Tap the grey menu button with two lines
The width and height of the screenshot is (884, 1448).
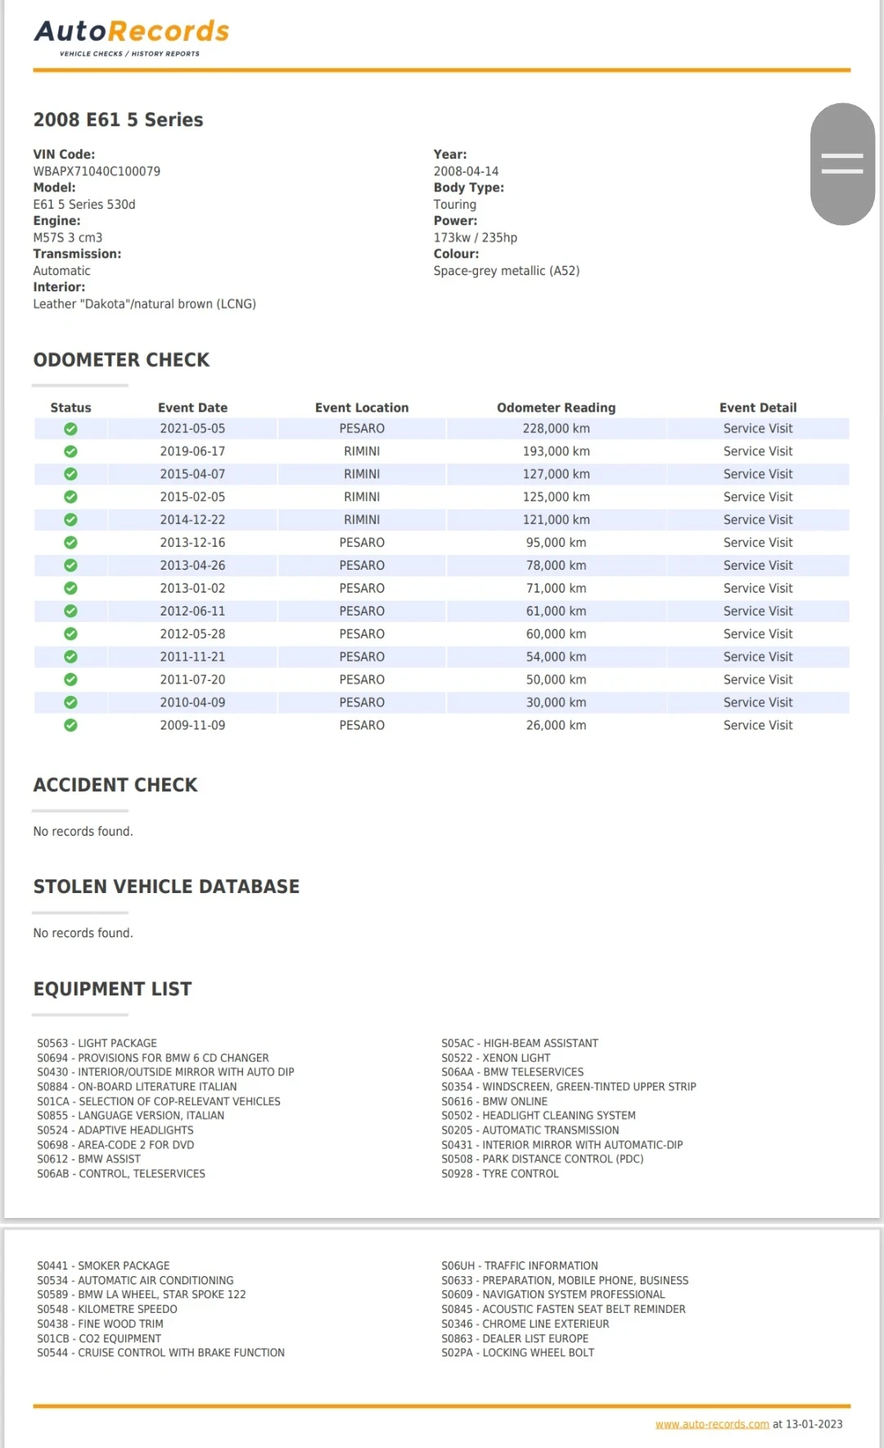(x=842, y=164)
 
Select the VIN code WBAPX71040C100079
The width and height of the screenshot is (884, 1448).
(x=97, y=171)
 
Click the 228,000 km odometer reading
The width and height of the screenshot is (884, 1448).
(x=556, y=428)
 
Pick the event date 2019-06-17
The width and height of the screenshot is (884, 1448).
(x=192, y=451)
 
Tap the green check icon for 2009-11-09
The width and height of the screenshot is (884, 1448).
(x=70, y=725)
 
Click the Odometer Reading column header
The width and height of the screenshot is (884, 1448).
(x=556, y=408)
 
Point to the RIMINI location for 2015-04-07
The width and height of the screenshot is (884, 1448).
(x=362, y=474)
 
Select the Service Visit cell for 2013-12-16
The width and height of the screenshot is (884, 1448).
(x=757, y=543)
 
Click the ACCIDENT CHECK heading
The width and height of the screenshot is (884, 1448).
(x=115, y=785)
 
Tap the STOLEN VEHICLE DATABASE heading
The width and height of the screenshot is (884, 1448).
(x=166, y=886)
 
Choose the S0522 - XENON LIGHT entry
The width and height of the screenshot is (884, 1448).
(x=496, y=1058)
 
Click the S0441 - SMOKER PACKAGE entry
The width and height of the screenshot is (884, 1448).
(x=103, y=1265)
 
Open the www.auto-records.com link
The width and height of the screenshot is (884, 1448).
(x=712, y=1424)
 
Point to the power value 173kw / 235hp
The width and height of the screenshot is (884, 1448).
(x=476, y=237)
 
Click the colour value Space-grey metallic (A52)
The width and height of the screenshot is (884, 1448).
(x=507, y=271)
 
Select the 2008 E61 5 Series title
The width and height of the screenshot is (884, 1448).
(x=118, y=120)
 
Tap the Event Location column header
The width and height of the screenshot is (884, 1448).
(x=362, y=408)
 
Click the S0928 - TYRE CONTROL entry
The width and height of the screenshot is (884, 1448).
(x=500, y=1174)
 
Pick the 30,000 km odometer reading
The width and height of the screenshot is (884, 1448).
(x=556, y=702)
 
